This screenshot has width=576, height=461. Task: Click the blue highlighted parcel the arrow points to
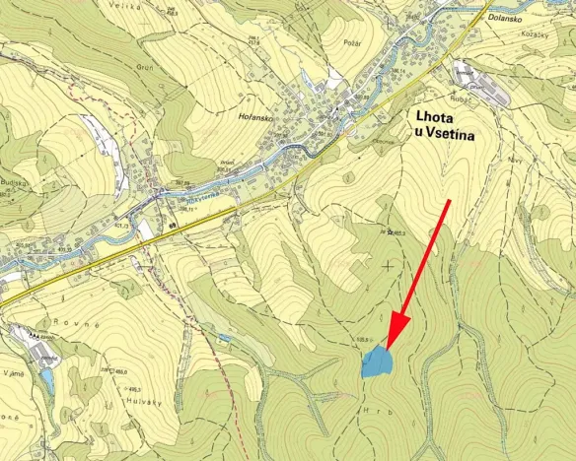click(x=376, y=362)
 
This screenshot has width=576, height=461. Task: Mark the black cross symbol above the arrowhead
click(x=387, y=266)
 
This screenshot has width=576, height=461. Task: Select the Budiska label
click(x=12, y=182)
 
